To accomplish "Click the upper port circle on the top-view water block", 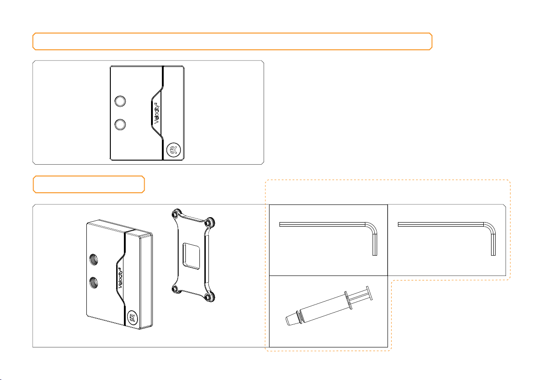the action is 120,101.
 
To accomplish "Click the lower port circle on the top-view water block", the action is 120,124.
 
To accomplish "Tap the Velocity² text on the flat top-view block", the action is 157,113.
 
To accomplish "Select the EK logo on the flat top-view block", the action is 174,150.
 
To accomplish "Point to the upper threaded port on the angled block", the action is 94,259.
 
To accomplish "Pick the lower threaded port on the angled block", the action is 94,283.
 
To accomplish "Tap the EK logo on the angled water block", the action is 132,317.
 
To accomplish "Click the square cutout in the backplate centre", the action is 191,256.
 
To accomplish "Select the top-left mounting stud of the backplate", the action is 176,214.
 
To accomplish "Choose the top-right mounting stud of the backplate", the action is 209,222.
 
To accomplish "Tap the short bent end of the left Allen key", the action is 375,244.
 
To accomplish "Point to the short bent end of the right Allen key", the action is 493,244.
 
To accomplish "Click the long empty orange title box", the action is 232,42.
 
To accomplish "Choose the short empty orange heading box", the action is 89,184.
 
